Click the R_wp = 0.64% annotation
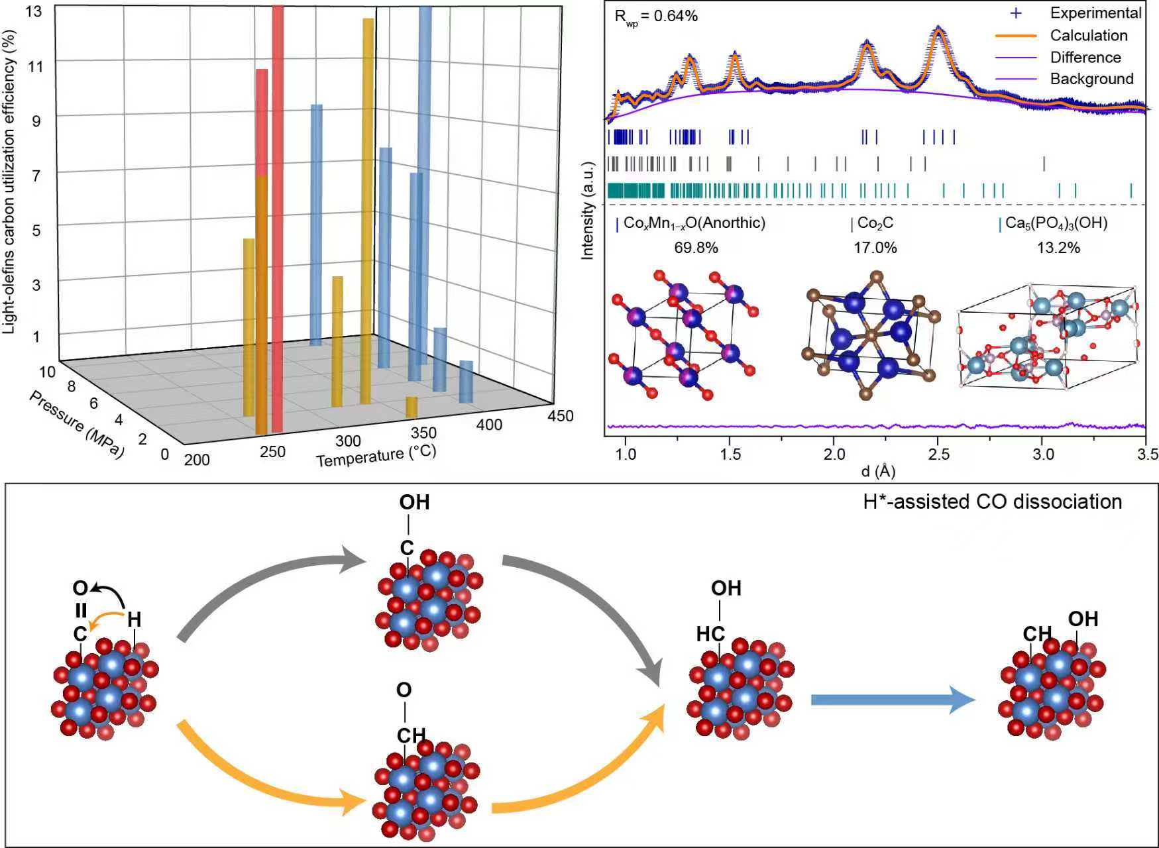pos(655,17)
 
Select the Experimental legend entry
pos(1095,13)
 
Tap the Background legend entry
pos(1091,79)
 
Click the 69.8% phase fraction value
pos(696,248)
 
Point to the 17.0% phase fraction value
pos(875,248)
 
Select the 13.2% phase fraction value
pos(1058,248)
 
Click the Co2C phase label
pos(875,223)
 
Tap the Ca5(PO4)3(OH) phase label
pos(1056,223)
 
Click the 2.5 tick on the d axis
pos(938,454)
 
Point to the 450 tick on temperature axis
pos(561,416)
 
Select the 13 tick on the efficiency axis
pos(33,11)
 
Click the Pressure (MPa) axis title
pos(76,423)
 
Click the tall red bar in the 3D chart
pos(278,219)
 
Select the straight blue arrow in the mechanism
pos(892,700)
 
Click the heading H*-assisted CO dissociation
pos(992,502)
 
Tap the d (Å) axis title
pos(878,472)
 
